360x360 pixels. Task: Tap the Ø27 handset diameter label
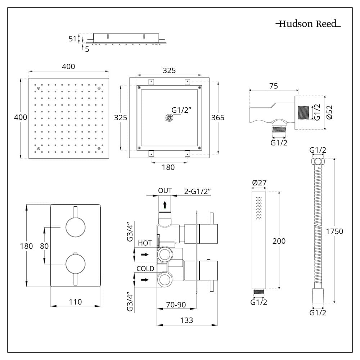click(x=259, y=183)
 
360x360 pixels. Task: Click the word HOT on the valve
click(x=145, y=244)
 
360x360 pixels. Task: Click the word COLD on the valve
click(x=145, y=269)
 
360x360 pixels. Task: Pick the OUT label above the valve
click(x=165, y=190)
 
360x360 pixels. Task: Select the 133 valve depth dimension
click(x=187, y=320)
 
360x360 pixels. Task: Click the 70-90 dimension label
click(x=176, y=305)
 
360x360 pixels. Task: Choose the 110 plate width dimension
click(x=75, y=302)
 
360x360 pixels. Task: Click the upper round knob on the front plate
click(x=76, y=227)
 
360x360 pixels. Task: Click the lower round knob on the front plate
click(x=76, y=264)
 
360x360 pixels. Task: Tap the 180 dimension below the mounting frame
click(x=168, y=167)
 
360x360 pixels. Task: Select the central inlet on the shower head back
click(x=168, y=118)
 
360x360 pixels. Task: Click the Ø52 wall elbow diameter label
click(x=330, y=112)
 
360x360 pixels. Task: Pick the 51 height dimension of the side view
click(x=73, y=39)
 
